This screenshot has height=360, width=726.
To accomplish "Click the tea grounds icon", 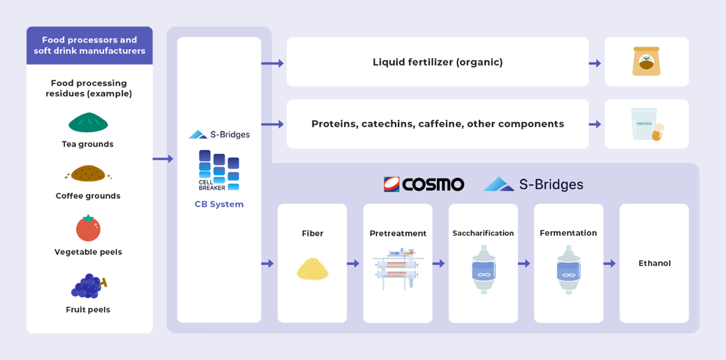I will (x=88, y=122).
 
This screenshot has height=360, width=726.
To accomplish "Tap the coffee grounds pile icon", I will (x=88, y=173).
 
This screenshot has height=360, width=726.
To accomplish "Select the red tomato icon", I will (x=88, y=228).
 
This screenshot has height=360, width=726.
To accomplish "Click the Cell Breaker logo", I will (x=219, y=170).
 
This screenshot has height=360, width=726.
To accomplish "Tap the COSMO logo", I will (x=424, y=184).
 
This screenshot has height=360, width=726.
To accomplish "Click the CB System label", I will (x=219, y=204).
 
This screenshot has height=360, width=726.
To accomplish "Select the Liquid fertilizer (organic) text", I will (x=438, y=62).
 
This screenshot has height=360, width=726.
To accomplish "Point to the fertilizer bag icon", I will (x=646, y=61).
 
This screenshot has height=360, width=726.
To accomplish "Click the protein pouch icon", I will (x=646, y=124).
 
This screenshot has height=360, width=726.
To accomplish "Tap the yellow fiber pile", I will (x=312, y=268).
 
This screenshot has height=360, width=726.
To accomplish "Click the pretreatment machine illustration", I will (x=398, y=268).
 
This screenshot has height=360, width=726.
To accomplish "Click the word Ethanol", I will (x=654, y=263).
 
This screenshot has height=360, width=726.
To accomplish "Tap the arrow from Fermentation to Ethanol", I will (x=609, y=263).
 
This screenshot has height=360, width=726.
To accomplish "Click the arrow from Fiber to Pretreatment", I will (x=353, y=263).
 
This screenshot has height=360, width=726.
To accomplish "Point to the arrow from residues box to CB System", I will (x=163, y=159).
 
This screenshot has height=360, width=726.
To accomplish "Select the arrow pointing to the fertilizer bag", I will (x=595, y=63).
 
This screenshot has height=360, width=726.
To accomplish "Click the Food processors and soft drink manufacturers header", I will (x=89, y=45).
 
